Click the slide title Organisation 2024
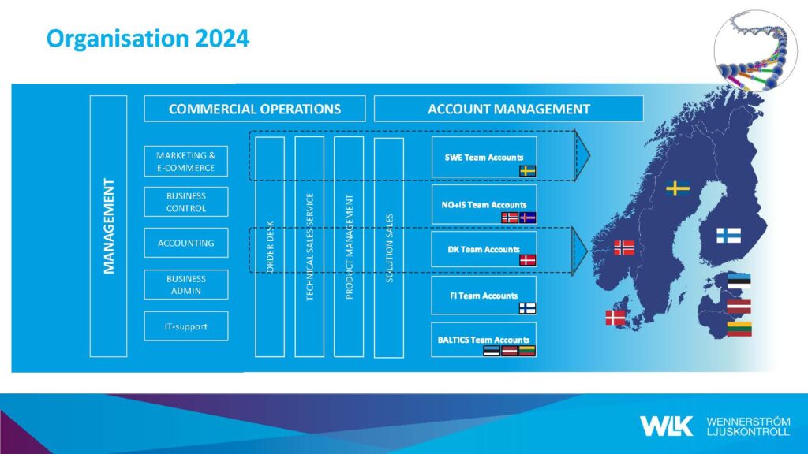point(148,39)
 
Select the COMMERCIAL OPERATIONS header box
point(255,109)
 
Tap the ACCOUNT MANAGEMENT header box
point(509,109)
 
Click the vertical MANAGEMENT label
point(108,226)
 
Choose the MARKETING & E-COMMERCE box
point(186,161)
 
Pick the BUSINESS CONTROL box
point(186,202)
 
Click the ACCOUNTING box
point(186,243)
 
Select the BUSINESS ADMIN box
point(186,285)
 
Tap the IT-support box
point(186,326)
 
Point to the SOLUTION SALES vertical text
point(389,247)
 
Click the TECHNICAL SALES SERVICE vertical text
point(309,247)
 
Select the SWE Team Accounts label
point(484,158)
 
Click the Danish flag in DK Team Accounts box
point(527,260)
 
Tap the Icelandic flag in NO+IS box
point(528,218)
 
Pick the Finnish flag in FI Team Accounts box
point(527,308)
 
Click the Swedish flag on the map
point(678,188)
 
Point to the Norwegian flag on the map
point(624,247)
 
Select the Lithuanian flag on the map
point(739,329)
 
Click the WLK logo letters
point(666,426)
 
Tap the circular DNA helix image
point(755,50)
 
